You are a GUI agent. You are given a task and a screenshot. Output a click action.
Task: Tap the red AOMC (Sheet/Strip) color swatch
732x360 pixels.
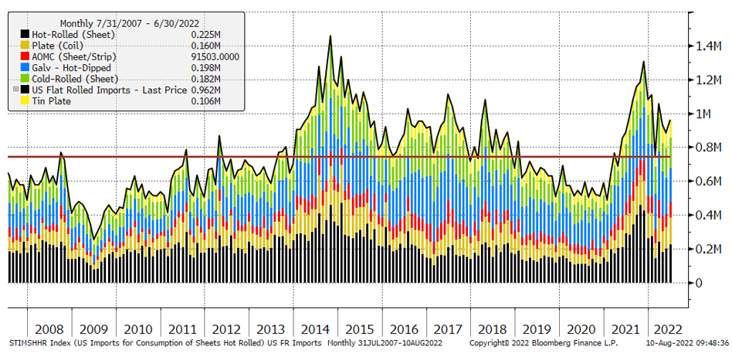[x=25, y=56]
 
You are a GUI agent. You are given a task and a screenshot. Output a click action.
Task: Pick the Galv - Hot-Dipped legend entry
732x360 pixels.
[x=70, y=68]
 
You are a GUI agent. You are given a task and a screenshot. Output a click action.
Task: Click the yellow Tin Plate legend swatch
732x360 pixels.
[x=25, y=101]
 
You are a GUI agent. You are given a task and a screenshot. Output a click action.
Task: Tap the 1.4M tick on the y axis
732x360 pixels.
[x=707, y=46]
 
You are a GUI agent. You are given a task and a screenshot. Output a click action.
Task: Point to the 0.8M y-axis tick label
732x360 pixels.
[x=707, y=148]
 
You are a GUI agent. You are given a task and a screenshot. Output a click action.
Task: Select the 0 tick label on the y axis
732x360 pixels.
[x=698, y=283]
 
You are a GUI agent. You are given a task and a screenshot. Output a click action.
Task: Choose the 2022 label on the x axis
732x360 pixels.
[x=665, y=328]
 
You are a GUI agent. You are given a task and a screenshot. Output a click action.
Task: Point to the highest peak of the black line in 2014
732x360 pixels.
[x=330, y=36]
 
